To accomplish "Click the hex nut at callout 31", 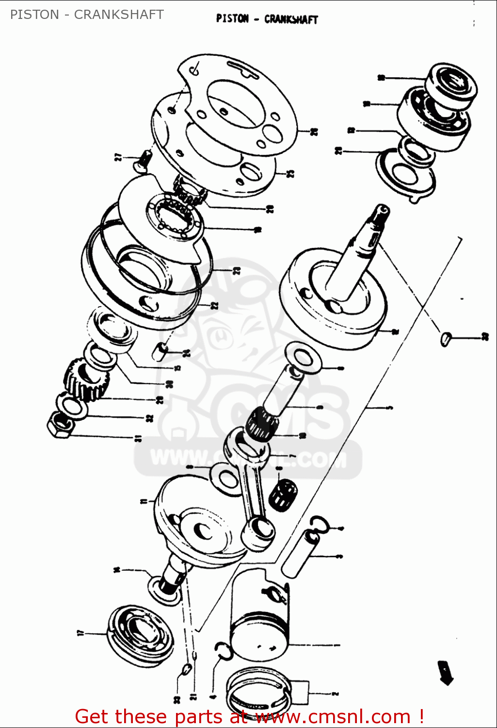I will [x=60, y=426].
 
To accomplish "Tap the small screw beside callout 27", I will [x=143, y=161].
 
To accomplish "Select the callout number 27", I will [x=118, y=157].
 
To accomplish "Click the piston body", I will [x=260, y=616].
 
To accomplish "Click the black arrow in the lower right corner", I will [x=445, y=672].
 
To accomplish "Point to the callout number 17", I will [x=80, y=633].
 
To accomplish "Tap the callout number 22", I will [x=215, y=305].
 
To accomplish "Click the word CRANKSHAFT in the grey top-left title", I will [x=118, y=15].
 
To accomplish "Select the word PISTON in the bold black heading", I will [x=232, y=19].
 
